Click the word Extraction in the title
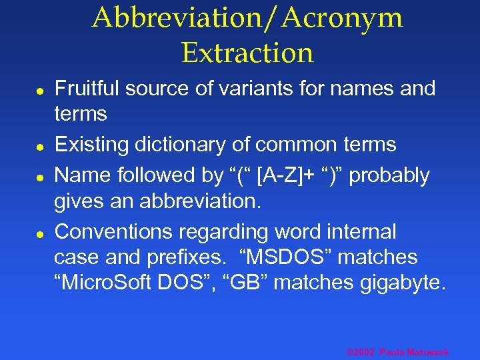(247, 53)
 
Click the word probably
(391, 175)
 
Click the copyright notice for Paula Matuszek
(397, 352)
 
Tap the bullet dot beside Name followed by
(40, 177)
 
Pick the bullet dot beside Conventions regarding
(40, 233)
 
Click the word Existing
(92, 145)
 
